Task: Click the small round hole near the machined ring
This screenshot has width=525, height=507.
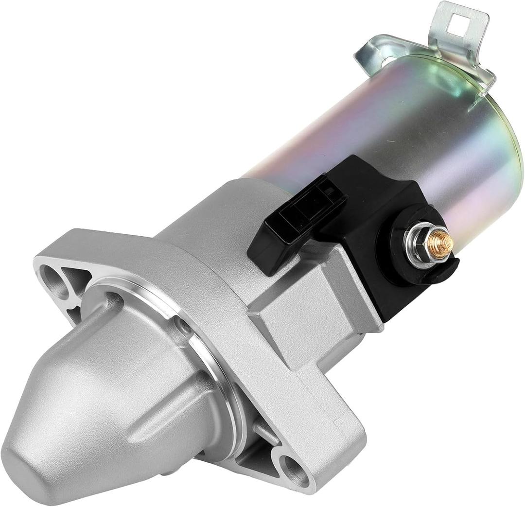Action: click(x=184, y=324)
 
